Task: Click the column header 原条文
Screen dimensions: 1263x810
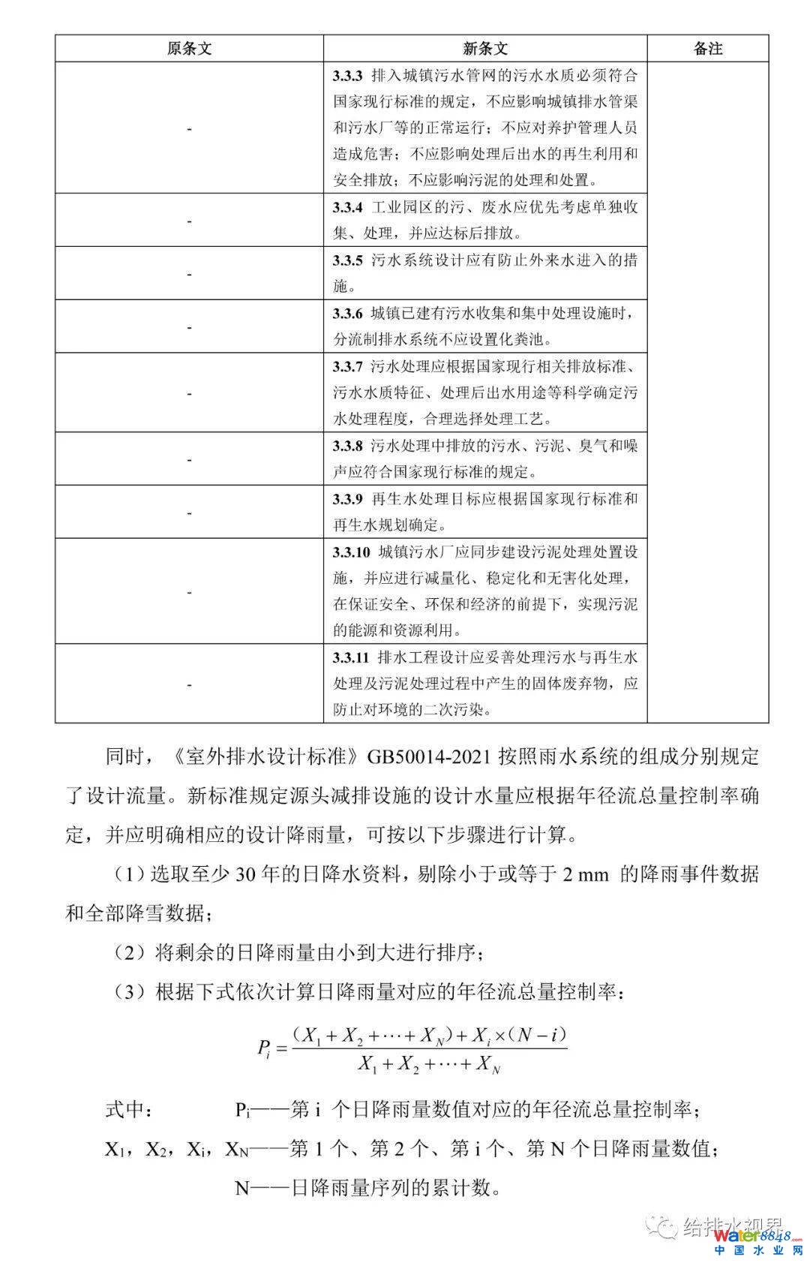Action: click(189, 49)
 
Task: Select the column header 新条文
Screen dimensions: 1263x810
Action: click(485, 49)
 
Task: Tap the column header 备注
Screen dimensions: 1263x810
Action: click(708, 49)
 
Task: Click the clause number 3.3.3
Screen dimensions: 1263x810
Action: click(348, 76)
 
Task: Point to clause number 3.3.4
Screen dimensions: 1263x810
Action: click(348, 208)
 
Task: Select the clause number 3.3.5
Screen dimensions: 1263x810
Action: click(348, 260)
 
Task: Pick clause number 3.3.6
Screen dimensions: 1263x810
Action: click(348, 314)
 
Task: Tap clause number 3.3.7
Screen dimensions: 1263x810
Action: click(348, 367)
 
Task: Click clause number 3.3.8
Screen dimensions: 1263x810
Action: click(348, 446)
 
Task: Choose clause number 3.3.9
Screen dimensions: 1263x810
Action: click(348, 499)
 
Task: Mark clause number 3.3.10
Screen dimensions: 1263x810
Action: click(352, 552)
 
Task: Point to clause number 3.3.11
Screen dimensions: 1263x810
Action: click(352, 658)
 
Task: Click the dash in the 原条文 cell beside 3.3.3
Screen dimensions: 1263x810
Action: click(189, 128)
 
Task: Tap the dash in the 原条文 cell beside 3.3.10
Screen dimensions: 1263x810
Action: click(189, 591)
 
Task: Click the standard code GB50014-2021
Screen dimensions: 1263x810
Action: click(428, 756)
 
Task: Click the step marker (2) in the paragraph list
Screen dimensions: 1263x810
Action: click(129, 953)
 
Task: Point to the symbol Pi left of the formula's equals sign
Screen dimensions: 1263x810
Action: click(263, 1048)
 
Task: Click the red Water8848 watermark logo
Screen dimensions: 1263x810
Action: click(753, 1235)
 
